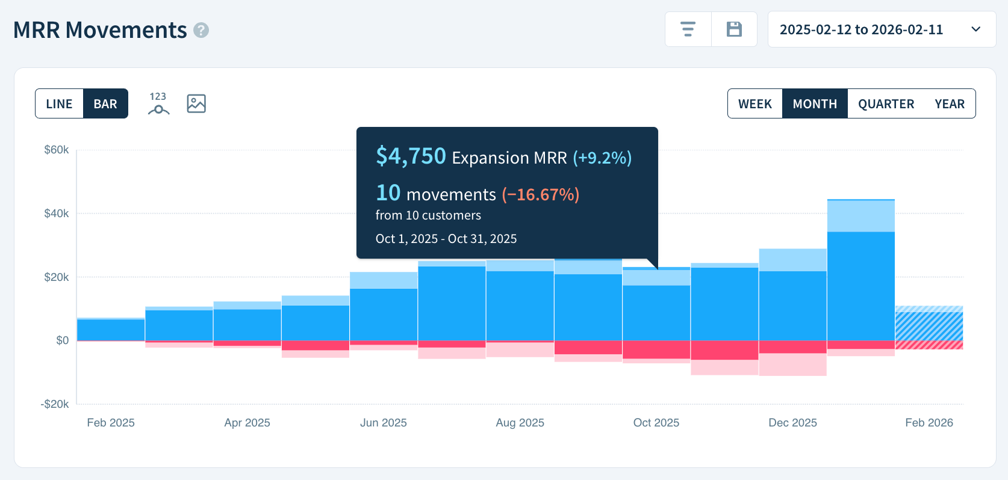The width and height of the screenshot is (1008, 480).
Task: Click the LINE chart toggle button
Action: coord(59,103)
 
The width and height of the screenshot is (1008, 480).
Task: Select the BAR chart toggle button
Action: coord(105,103)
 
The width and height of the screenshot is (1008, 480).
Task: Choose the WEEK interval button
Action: coord(755,103)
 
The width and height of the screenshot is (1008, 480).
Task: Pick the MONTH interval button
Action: coord(815,103)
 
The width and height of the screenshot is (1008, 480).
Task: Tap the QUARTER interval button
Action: coord(886,103)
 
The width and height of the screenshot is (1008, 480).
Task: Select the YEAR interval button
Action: coord(950,103)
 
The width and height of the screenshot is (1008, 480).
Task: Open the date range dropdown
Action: coord(882,29)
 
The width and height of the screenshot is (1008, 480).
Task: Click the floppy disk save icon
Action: coord(734,29)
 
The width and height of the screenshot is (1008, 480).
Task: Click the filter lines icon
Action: coord(688,29)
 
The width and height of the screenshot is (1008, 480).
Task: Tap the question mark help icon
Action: coord(201,30)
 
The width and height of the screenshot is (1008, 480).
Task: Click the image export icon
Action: coord(196,103)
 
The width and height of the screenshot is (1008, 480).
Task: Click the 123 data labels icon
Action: coord(158,103)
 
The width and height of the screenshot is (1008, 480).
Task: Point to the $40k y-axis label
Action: coord(57,214)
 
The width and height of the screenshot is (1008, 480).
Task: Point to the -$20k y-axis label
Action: coord(55,404)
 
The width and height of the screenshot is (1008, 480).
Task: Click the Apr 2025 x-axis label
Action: coord(247,423)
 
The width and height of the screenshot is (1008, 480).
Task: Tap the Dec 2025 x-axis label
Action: coord(792,423)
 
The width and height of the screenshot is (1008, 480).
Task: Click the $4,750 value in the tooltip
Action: coord(411,156)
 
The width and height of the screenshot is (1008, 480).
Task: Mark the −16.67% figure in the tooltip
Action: coord(540,194)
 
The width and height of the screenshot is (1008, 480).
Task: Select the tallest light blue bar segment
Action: coord(860,217)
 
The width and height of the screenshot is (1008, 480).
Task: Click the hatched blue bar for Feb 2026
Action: coord(929,325)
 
